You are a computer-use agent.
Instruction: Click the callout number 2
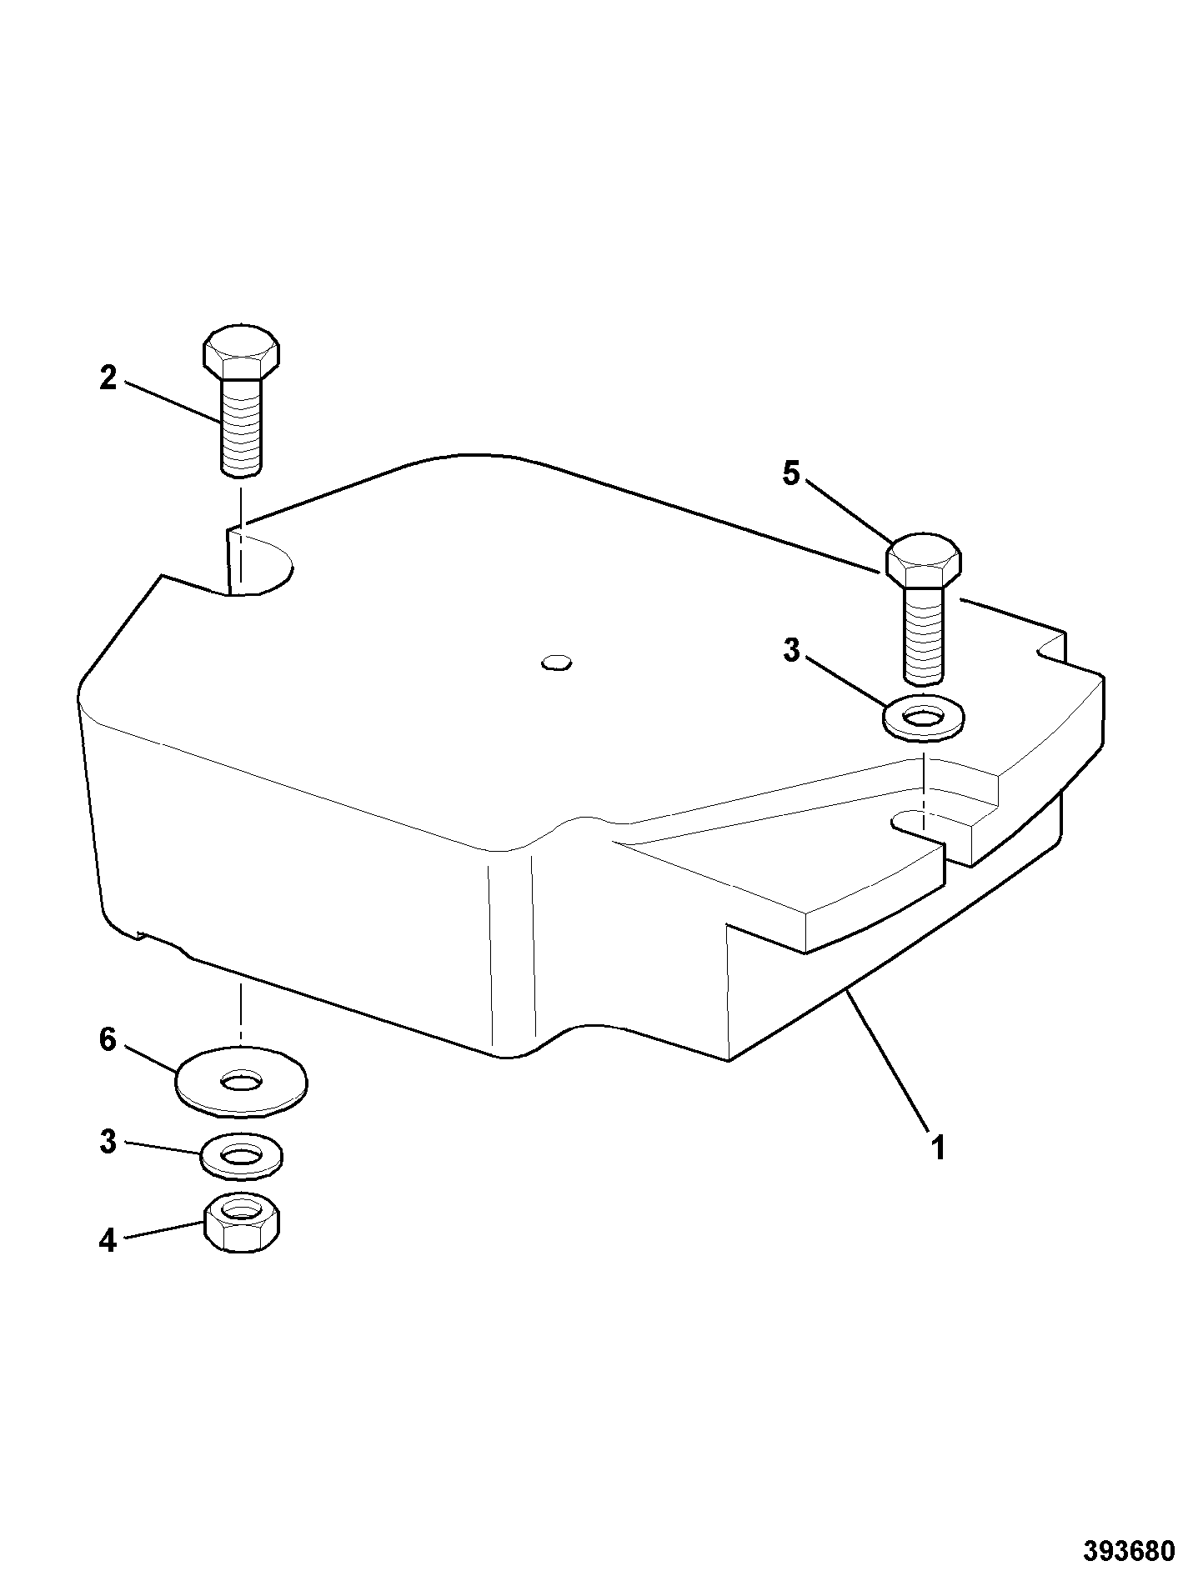pos(108,378)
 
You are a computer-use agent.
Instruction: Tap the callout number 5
pos(790,474)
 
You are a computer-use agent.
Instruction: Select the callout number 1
pos(938,1148)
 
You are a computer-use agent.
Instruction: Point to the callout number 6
pos(108,1040)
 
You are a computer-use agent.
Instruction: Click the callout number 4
pos(108,1241)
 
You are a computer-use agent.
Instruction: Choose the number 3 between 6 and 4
pos(108,1142)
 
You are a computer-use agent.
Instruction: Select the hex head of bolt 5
pos(923,560)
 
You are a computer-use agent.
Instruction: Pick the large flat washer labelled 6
pos(241,1082)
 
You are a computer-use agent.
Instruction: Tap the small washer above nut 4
pos(242,1157)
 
